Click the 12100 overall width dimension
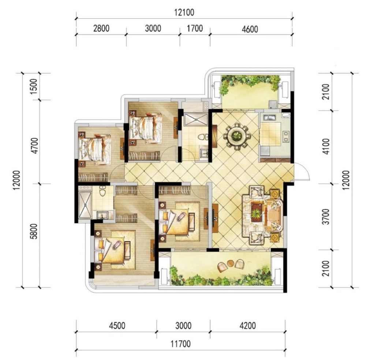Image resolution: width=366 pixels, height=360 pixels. coord(184,12)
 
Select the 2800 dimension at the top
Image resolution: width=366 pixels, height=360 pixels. coord(101,28)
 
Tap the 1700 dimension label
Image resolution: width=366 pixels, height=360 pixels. coord(195,28)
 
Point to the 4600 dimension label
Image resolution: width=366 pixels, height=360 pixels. coord(250,29)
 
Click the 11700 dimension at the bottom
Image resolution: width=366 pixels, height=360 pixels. coord(181,344)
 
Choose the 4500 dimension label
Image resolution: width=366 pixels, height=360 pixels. coord(117,326)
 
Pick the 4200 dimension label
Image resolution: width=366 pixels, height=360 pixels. coord(248,326)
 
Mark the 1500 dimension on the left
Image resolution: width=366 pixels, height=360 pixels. coord(34,86)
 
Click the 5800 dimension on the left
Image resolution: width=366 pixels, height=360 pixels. coord(34,231)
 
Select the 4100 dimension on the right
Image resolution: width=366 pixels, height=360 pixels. coord(326,146)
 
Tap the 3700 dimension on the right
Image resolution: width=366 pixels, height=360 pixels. coord(326,216)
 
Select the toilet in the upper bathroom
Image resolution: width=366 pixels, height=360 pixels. coord(202,137)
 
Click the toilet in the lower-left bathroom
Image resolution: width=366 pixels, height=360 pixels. coord(102,191)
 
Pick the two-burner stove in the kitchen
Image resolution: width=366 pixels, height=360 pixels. coord(285,137)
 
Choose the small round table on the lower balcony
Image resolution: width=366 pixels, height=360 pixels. coord(230,263)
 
